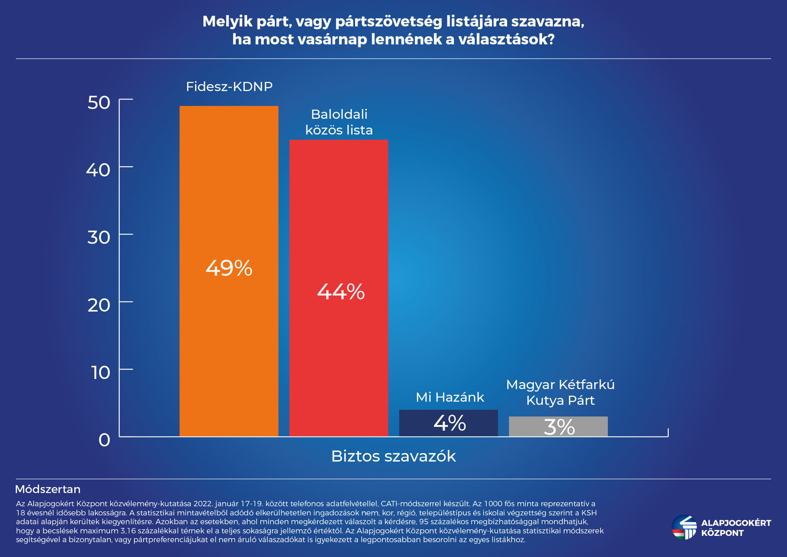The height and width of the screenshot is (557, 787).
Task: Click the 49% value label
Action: coord(229,268)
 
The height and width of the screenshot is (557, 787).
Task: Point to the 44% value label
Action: coord(340,292)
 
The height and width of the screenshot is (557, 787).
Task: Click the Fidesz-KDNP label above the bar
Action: coord(229,87)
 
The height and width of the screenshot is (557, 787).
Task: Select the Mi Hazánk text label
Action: coord(450,397)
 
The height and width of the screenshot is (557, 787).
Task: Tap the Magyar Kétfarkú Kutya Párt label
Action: coord(560,392)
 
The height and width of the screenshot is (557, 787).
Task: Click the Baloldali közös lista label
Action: coord(339,122)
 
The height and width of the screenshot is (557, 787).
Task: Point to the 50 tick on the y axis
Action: coord(99,102)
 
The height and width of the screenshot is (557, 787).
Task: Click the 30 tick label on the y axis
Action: coord(99,237)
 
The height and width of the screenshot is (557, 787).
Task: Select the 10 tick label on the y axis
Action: coord(101,373)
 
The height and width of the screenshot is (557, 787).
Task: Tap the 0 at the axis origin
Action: coord(105,440)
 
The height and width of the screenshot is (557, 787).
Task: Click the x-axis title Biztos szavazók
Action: coord(393,456)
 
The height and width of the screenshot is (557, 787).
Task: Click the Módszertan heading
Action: coord(48,489)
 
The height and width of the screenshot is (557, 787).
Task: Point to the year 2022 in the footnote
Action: coord(203,504)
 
